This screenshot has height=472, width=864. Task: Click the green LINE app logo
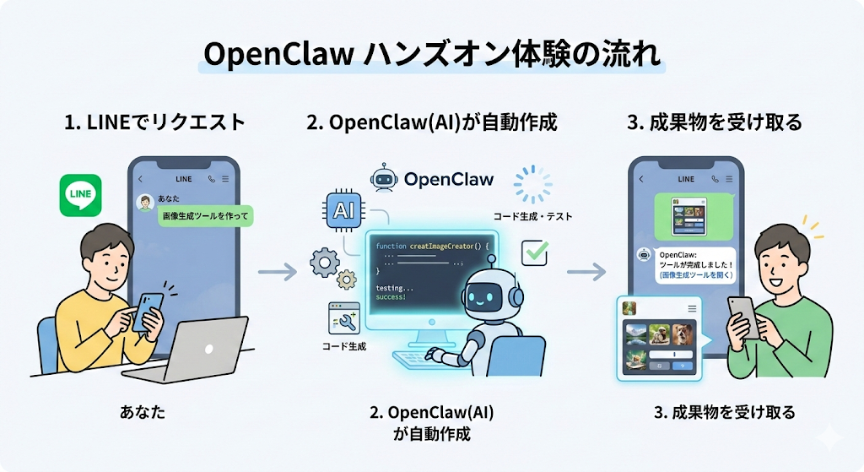click(81, 195)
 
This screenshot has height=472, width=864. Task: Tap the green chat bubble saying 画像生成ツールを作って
click(207, 216)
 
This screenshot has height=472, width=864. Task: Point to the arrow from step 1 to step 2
click(277, 272)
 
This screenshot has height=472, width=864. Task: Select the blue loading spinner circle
click(533, 184)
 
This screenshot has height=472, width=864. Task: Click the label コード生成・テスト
click(532, 216)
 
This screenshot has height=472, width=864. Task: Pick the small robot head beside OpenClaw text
click(383, 178)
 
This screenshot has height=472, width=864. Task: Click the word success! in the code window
click(391, 297)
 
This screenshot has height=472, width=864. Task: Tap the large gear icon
click(325, 263)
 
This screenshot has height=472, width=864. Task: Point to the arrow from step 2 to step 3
click(586, 272)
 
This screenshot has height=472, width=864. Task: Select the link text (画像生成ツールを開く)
click(697, 274)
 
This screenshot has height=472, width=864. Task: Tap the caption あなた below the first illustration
click(143, 413)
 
